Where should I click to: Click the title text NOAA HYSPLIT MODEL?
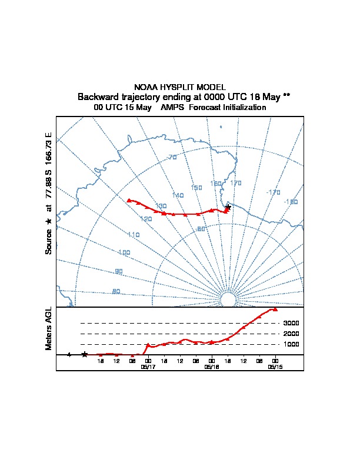180,87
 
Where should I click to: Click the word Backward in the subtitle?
97,96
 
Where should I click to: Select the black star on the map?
228,206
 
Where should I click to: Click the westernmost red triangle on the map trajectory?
129,200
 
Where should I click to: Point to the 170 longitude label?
235,184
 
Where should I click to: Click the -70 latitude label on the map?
172,157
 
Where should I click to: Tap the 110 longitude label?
134,235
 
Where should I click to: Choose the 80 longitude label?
116,291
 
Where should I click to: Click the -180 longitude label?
291,202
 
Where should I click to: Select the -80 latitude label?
200,229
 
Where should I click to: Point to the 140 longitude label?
178,195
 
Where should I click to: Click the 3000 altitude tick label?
292,323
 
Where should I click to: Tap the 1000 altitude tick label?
292,344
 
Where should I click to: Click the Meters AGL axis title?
49,328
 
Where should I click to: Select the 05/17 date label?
148,366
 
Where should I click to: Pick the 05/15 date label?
275,366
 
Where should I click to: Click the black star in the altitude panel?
85,354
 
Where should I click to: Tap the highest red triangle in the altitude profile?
275,309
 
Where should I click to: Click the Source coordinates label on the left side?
49,193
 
